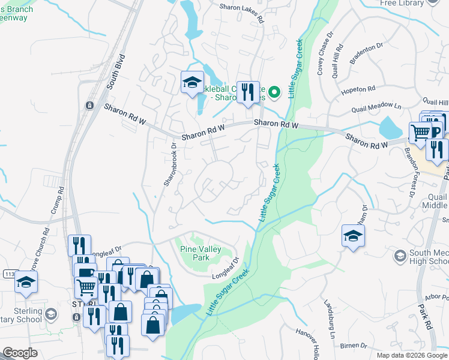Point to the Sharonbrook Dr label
[x=169, y=163]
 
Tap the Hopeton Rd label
[x=358, y=91]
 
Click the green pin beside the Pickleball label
[x=274, y=92]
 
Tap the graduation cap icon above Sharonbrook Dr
[x=192, y=82]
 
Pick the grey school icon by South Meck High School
[x=400, y=256]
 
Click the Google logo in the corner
[x=20, y=353]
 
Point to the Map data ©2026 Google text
[x=412, y=355]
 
